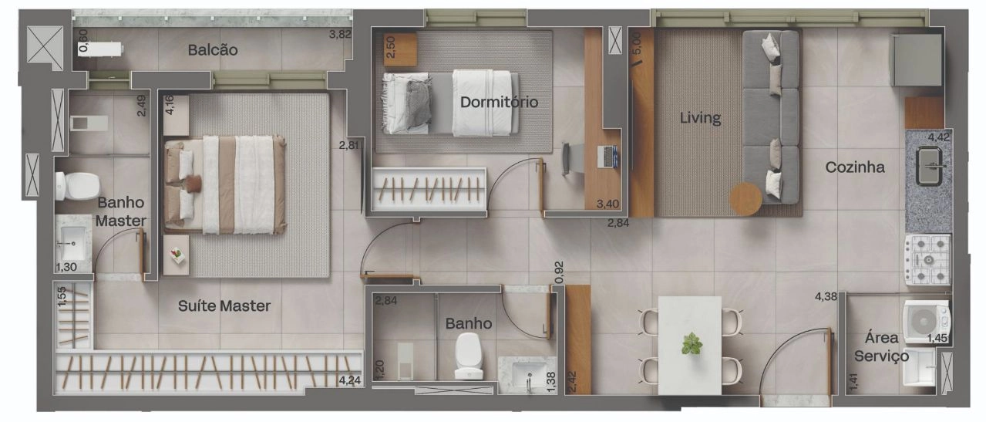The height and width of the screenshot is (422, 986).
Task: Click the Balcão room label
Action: coord(213,50)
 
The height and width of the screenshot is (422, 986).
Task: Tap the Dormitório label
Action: coord(499,102)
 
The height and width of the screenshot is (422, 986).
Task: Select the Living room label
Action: coord(700,118)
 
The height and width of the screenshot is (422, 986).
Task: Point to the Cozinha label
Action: coord(855,167)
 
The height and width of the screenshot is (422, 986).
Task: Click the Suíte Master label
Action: coord(224,306)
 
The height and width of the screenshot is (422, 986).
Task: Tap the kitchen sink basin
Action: coord(929,166)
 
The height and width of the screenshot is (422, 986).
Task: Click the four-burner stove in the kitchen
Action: coord(928,260)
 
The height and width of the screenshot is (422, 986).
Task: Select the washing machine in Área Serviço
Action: coord(925,322)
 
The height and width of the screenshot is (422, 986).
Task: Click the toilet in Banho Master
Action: coord(76,185)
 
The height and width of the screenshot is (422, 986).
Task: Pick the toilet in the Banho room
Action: coord(469,356)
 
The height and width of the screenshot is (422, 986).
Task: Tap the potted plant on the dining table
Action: coord(692,344)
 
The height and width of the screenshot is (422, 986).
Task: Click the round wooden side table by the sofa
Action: coord(745,199)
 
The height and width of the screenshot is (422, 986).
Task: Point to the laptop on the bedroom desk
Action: coord(608,157)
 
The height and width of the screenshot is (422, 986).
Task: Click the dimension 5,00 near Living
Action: coord(637,44)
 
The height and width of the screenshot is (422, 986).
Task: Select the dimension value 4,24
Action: coord(349,380)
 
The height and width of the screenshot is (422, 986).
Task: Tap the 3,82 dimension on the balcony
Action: coord(340,34)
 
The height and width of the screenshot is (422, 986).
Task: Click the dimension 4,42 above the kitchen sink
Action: coord(939,137)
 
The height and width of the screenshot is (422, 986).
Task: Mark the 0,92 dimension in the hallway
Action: coord(559,272)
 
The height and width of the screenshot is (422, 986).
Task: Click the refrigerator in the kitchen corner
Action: coord(917,60)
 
